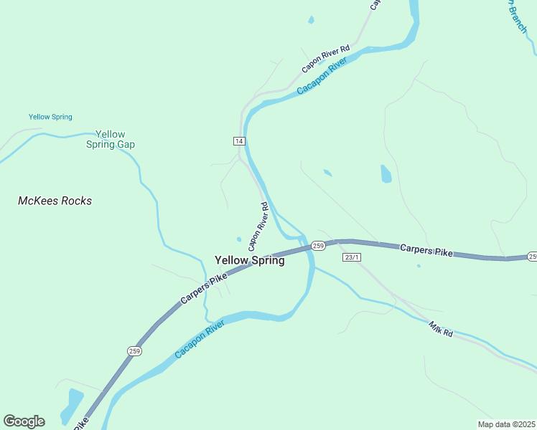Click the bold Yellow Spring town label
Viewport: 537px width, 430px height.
pyautogui.click(x=249, y=261)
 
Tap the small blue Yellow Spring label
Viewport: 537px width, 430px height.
pyautogui.click(x=50, y=117)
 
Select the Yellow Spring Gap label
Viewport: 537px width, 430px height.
pyautogui.click(x=111, y=139)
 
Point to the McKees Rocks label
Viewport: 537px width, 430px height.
pyautogui.click(x=55, y=201)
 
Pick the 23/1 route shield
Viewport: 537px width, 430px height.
pyautogui.click(x=351, y=257)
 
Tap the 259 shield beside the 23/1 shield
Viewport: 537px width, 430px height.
pyautogui.click(x=319, y=246)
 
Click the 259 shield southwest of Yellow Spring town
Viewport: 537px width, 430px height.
pyautogui.click(x=135, y=350)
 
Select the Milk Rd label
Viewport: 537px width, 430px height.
pyautogui.click(x=441, y=330)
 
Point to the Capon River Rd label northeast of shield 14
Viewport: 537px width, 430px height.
pyautogui.click(x=325, y=59)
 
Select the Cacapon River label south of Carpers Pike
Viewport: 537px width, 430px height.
pyautogui.click(x=200, y=339)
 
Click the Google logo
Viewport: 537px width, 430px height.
pyautogui.click(x=24, y=421)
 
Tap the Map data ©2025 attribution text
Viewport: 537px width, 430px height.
pyautogui.click(x=506, y=424)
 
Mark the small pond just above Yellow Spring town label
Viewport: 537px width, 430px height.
pyautogui.click(x=238, y=239)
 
